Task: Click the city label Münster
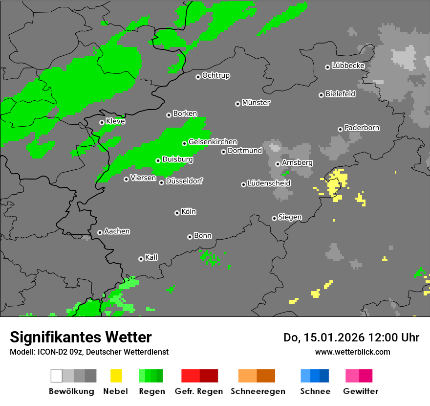[256, 103]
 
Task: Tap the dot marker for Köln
[177, 213]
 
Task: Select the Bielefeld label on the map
[341, 94]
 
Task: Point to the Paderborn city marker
[340, 129]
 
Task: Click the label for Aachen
[117, 231]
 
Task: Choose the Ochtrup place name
[216, 76]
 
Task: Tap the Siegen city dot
[274, 218]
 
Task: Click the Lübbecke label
[348, 66]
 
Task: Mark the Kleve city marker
[102, 122]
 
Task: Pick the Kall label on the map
[151, 257]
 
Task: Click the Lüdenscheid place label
[269, 183]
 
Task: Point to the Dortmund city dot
[223, 152]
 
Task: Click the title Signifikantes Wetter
[81, 337]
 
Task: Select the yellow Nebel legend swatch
[116, 376]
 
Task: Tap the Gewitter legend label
[361, 391]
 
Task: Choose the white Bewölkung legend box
[57, 376]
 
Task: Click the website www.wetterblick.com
[352, 352]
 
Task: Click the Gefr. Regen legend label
[199, 391]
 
